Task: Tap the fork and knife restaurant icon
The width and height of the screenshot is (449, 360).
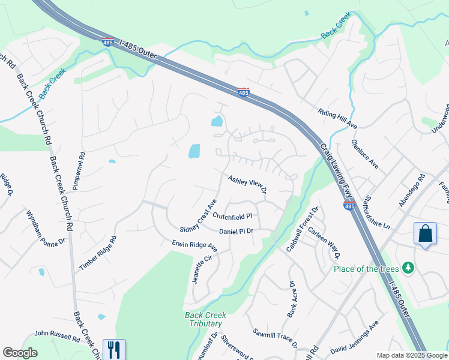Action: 114,349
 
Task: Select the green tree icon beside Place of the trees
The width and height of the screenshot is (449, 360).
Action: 408,268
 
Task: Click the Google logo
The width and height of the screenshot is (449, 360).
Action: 20,353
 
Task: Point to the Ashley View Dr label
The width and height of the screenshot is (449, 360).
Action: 247,185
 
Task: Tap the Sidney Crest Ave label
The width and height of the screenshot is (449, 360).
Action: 197,219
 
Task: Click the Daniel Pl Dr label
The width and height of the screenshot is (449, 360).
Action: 237,232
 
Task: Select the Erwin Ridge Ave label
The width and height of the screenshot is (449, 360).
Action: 194,245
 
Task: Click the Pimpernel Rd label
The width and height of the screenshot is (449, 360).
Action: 76,170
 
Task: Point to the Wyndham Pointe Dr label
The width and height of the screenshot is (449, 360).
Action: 45,228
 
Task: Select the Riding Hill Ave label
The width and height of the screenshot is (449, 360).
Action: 337,118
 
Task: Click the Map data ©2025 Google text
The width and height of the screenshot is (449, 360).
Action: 411,355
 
